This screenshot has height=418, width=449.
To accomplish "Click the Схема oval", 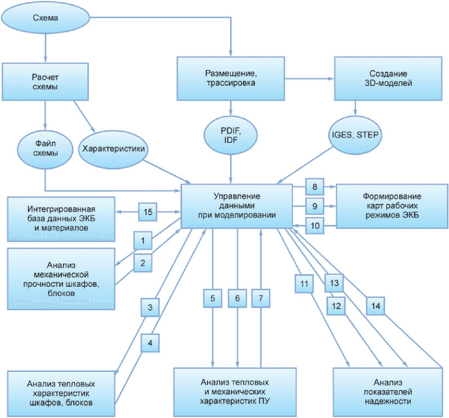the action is (x=45, y=18).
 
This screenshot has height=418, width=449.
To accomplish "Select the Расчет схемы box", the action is (x=45, y=82).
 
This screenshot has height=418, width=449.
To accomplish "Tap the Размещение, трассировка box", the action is (x=230, y=78).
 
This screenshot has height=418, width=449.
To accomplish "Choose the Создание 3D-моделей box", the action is (x=388, y=78).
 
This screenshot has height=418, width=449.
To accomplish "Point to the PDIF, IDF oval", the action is (x=230, y=135).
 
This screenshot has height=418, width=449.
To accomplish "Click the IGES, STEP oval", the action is (x=355, y=135).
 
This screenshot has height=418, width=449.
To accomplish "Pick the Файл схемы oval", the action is (x=45, y=148).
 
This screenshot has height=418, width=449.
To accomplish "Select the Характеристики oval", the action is (x=113, y=149).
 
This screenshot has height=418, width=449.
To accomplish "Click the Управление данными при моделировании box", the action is (x=237, y=206).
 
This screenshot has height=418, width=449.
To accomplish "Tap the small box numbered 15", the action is (x=148, y=212).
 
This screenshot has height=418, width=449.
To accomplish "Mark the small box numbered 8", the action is (x=314, y=187).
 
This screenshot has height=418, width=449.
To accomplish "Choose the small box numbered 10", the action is (x=314, y=226).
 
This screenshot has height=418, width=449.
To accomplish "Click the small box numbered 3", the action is (x=150, y=307).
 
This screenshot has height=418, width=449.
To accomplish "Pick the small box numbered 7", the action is (x=260, y=298).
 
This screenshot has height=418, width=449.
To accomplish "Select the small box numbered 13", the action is (x=334, y=283).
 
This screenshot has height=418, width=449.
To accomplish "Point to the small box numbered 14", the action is (x=375, y=306).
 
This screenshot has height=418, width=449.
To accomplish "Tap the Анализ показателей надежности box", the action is (x=388, y=392).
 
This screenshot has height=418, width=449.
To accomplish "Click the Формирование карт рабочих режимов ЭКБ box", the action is (x=392, y=206).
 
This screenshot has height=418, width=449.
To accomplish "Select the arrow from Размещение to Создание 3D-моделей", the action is (x=309, y=78).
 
